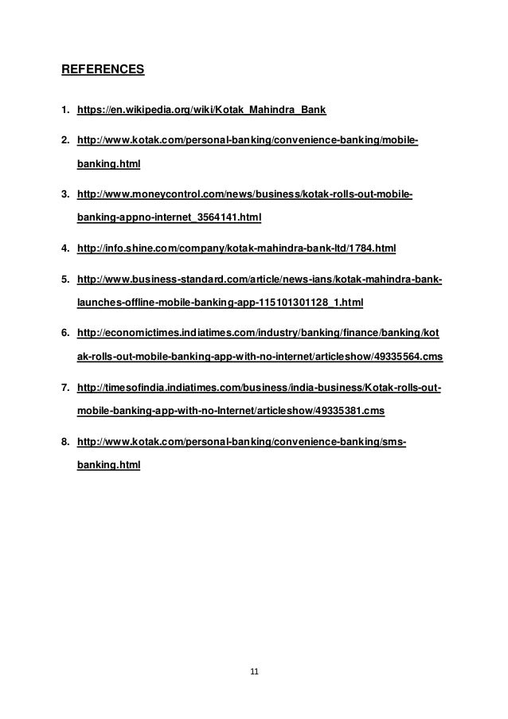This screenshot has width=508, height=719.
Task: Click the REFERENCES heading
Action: [x=103, y=69]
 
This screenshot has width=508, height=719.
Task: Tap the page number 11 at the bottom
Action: [x=254, y=671]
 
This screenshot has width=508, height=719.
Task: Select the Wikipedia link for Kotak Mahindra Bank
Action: [x=207, y=108]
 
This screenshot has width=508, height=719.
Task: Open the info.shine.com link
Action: [x=236, y=248]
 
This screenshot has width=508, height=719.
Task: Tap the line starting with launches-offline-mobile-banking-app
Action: [x=219, y=303]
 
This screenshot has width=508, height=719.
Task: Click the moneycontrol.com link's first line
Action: [x=244, y=195]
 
